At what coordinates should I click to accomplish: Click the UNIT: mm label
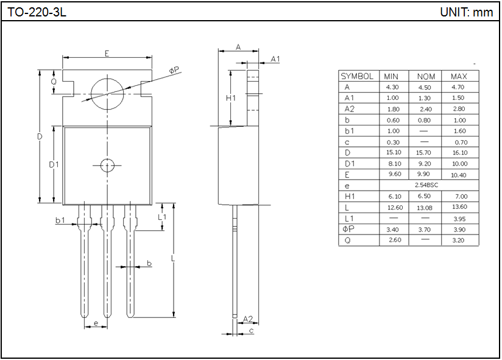click(x=466, y=12)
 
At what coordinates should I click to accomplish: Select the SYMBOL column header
click(x=357, y=76)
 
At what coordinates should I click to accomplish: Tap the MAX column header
click(x=459, y=76)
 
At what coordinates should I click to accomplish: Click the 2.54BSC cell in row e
click(x=425, y=185)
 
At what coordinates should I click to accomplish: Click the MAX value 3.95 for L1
click(x=459, y=218)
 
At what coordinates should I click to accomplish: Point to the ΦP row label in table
click(x=348, y=229)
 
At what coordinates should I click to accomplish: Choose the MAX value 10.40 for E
click(x=459, y=174)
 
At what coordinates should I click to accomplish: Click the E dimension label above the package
click(x=107, y=54)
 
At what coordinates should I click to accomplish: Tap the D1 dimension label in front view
click(x=54, y=164)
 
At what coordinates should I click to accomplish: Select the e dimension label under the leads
click(x=95, y=323)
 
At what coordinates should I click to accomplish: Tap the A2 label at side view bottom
click(x=247, y=319)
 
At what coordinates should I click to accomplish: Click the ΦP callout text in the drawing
click(x=174, y=71)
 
